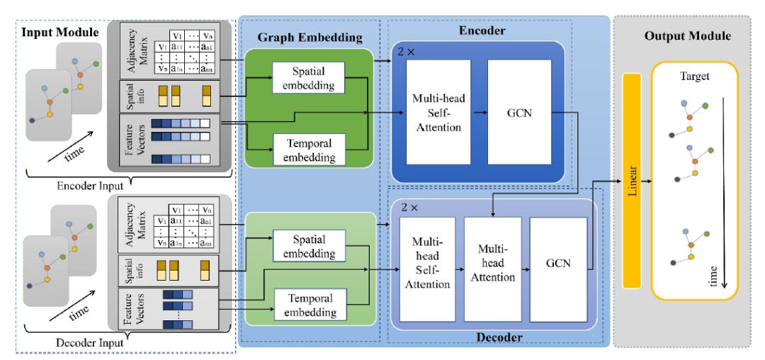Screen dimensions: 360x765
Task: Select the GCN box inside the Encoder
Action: coord(520,112)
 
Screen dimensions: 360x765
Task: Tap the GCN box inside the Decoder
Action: coord(558,261)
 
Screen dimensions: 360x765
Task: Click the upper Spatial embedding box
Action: coord(308,77)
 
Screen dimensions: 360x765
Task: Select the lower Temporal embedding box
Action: coord(309,304)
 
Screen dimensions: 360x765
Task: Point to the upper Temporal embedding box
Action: coord(308,149)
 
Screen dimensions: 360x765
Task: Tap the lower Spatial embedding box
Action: coord(309,245)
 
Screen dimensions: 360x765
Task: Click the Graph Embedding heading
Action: coord(310,37)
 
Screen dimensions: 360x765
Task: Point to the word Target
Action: coord(693,76)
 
